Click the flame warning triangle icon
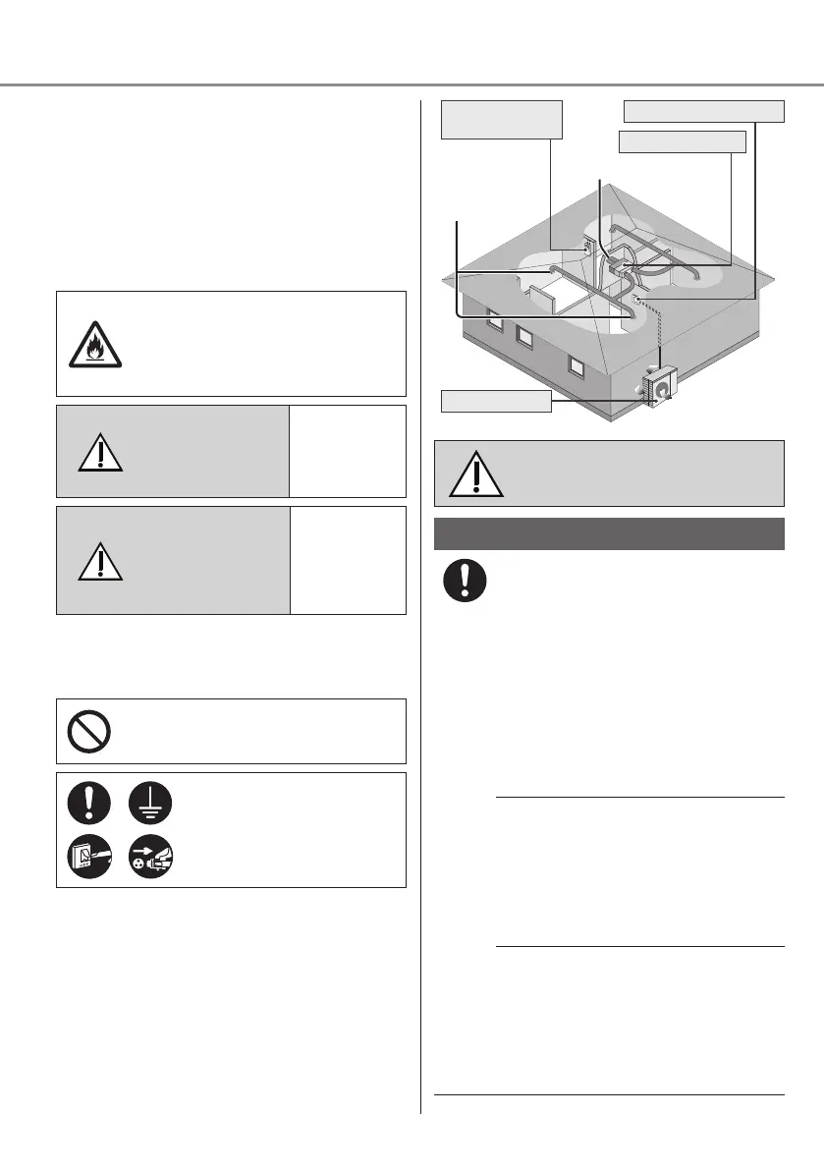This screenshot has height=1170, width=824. point(95,344)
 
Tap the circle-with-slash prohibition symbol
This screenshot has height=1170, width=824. point(89,731)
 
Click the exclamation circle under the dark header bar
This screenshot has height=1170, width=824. point(463,581)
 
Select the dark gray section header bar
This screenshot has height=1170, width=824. point(608,534)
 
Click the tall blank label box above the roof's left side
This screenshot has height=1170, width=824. point(501,119)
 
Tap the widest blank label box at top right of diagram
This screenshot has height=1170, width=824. point(704,110)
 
